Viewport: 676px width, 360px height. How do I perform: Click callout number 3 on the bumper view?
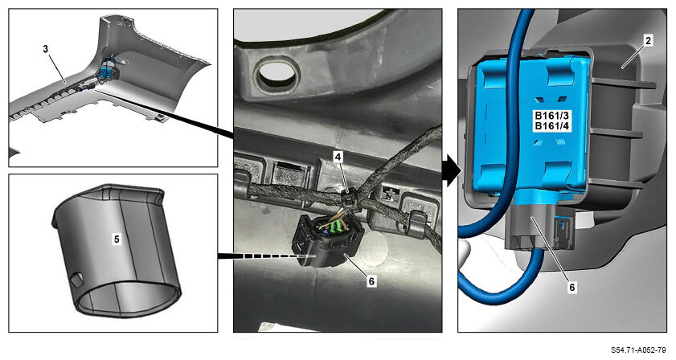coord(46,49)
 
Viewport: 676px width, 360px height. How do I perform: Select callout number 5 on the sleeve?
coord(117,239)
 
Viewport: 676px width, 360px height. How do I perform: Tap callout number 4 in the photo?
coord(338,157)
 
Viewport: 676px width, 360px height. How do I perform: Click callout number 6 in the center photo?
coord(371,281)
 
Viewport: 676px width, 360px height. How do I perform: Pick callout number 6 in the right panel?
coord(572,287)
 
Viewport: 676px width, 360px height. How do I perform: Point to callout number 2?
coord(648,40)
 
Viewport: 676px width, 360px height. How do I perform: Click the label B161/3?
coord(552,116)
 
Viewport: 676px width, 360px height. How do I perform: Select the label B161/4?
coord(552,126)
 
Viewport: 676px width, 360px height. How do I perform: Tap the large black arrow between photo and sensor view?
coord(452,170)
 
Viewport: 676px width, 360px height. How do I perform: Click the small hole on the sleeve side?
coord(76,279)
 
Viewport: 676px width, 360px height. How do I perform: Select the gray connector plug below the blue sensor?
coord(532,227)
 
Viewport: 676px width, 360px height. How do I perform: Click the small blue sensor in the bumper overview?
coord(105,72)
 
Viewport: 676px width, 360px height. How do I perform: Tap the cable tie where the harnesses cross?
coord(348,199)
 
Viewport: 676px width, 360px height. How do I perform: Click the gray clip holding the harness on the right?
coord(417,221)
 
